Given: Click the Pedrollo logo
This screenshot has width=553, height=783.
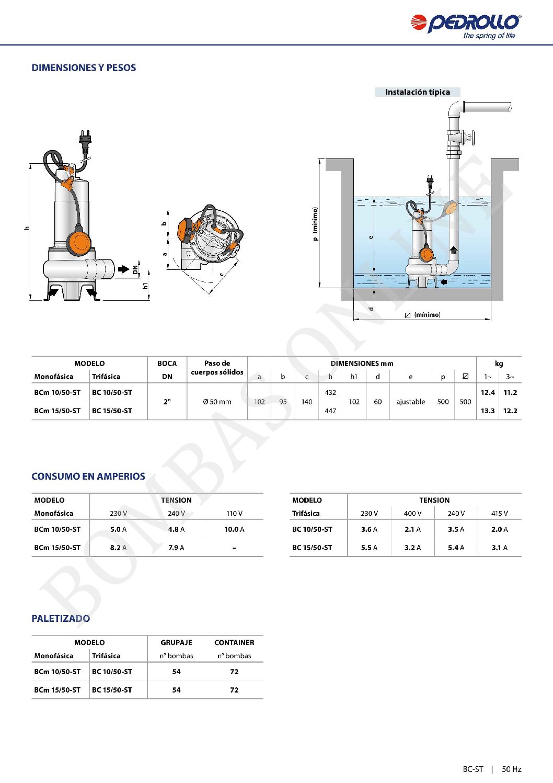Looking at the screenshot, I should click(x=465, y=25).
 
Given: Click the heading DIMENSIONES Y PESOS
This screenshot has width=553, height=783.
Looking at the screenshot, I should click(x=84, y=68).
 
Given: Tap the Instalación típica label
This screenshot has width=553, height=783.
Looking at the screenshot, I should click(x=417, y=92).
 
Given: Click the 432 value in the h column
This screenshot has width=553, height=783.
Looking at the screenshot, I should click(x=330, y=392).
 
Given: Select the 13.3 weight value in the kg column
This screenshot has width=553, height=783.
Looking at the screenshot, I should click(x=488, y=411).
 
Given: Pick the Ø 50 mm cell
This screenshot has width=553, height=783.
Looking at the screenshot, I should click(x=217, y=402).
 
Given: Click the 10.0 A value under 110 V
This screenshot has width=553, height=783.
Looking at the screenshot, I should click(x=234, y=529).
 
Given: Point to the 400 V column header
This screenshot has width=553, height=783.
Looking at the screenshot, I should click(x=412, y=514).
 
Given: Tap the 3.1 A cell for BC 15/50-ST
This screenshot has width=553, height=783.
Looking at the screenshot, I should click(x=499, y=548).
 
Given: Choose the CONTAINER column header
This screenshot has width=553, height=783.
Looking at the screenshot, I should click(x=234, y=642).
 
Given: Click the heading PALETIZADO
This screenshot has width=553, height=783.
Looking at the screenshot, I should click(x=61, y=619).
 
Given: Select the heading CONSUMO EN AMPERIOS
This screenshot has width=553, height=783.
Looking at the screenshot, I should click(x=88, y=476).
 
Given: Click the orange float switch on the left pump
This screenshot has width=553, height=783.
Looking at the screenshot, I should click(x=79, y=242).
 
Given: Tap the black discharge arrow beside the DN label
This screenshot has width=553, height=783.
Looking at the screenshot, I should click(x=123, y=269).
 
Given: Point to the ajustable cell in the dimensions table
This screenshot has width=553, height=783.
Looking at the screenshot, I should click(x=410, y=402).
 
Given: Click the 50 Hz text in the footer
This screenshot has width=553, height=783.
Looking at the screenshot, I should click(x=512, y=769).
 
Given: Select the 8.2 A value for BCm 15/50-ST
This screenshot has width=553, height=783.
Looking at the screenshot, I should click(x=118, y=548).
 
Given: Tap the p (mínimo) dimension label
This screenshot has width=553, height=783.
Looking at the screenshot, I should click(x=315, y=224).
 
